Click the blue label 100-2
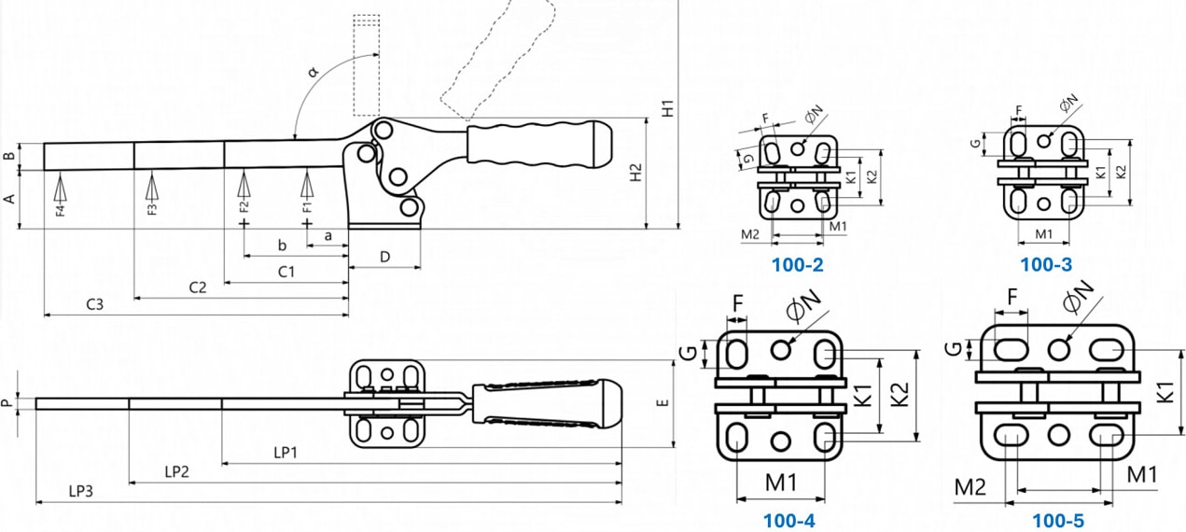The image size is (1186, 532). [797, 264]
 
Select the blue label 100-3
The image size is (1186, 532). [1045, 264]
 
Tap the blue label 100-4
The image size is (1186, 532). [788, 521]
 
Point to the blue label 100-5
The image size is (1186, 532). [1058, 521]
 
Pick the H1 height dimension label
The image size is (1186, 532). [667, 108]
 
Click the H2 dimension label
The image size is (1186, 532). [635, 173]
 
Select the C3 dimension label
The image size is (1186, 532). [94, 304]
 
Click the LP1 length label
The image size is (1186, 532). [286, 452]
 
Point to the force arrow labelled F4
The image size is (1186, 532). [61, 190]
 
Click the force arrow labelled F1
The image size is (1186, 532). [307, 189]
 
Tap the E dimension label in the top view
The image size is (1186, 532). [662, 403]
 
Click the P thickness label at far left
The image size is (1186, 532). [7, 403]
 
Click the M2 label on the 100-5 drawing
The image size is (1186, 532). [970, 485]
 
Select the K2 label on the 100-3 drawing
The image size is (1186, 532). [1121, 172]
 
